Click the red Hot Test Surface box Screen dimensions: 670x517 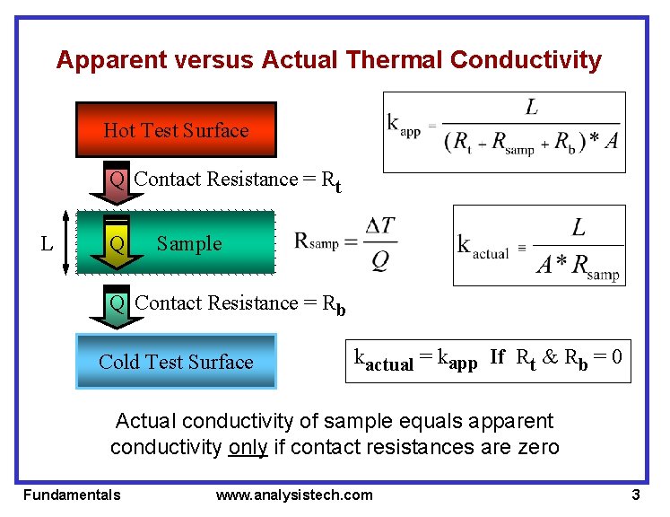coord(176,130)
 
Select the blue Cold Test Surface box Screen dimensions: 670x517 coord(176,362)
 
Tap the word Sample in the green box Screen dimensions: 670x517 coord(188,243)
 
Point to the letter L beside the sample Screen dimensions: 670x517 coord(47,243)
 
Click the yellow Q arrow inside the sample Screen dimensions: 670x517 coord(117,242)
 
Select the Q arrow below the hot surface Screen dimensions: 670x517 coord(117,180)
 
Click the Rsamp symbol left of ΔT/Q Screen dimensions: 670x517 coord(317,242)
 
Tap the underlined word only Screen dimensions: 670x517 coord(248,446)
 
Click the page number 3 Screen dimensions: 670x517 coord(635,495)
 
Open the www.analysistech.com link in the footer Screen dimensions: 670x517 coord(294,495)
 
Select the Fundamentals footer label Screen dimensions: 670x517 coord(72,495)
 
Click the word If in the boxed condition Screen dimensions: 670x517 coord(498,356)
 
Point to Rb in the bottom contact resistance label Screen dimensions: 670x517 coord(335,305)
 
